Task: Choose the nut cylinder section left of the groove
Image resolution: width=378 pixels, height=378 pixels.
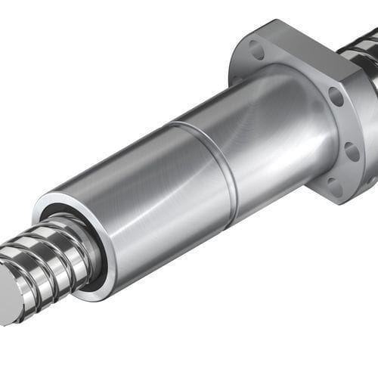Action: pos(136,204)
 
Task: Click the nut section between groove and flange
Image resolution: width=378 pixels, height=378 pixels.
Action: pos(265,136)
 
